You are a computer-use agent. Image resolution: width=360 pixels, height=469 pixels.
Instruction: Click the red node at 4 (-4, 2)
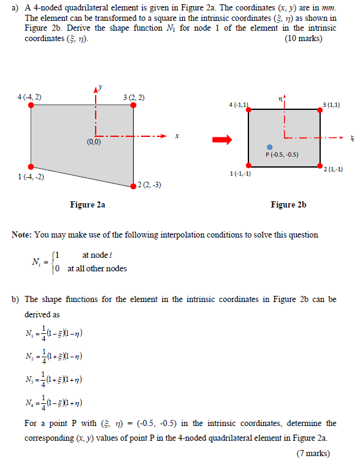pyautogui.click(x=31, y=105)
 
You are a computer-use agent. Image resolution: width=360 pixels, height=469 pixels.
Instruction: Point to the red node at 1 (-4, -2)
pyautogui.click(x=31, y=166)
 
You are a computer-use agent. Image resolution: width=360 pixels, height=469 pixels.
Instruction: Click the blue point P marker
pyautogui.click(x=270, y=147)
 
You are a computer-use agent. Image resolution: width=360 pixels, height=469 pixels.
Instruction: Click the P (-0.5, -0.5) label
pyautogui.click(x=282, y=155)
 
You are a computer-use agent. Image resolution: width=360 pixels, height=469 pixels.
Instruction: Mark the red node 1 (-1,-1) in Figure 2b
pyautogui.click(x=248, y=166)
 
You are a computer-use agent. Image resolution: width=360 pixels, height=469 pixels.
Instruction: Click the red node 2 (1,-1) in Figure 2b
pyautogui.click(x=320, y=166)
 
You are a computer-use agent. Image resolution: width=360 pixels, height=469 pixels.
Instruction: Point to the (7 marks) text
pyautogui.click(x=313, y=454)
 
